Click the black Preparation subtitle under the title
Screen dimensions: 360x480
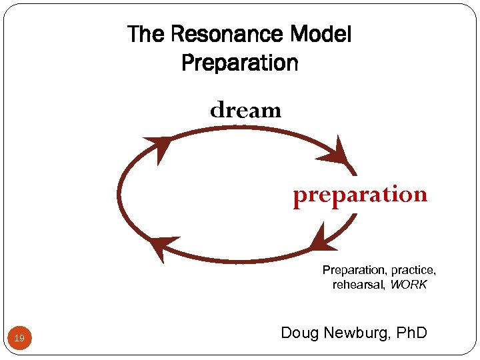pyautogui.click(x=239, y=63)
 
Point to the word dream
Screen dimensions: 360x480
pyautogui.click(x=245, y=110)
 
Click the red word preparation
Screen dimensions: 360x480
pyautogui.click(x=360, y=195)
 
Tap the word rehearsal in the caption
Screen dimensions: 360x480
pyautogui.click(x=359, y=285)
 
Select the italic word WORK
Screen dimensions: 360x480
pyautogui.click(x=409, y=285)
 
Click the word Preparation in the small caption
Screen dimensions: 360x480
pyautogui.click(x=354, y=270)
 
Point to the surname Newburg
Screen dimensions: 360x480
pyautogui.click(x=358, y=332)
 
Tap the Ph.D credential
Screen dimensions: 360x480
pyautogui.click(x=410, y=332)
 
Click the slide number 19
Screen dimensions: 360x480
pyautogui.click(x=20, y=339)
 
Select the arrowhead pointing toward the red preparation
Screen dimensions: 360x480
pyautogui.click(x=336, y=153)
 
